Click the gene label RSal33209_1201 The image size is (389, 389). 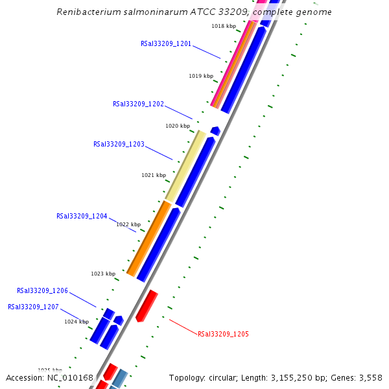tap(166, 43)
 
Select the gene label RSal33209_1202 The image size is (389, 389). tap(138, 104)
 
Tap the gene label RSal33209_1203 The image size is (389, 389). tap(119, 144)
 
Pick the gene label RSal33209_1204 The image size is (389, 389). tap(82, 216)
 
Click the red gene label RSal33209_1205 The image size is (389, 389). tap(223, 334)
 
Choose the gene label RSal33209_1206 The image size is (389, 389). tap(42, 290)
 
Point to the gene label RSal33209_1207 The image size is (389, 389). tap(33, 307)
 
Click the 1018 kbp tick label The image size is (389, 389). tap(224, 26)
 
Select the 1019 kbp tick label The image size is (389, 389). tap(201, 76)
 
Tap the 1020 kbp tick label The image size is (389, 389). tap(178, 126)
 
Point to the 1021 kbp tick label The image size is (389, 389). tap(154, 175)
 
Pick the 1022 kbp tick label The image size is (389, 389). tap(128, 224)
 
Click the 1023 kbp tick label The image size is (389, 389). tap(103, 274)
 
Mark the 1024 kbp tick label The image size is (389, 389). tap(77, 322)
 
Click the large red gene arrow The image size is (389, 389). tap(147, 306)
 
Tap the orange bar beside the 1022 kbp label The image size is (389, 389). tap(148, 238)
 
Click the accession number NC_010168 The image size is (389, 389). tap(70, 377)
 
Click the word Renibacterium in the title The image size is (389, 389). tap(88, 12)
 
